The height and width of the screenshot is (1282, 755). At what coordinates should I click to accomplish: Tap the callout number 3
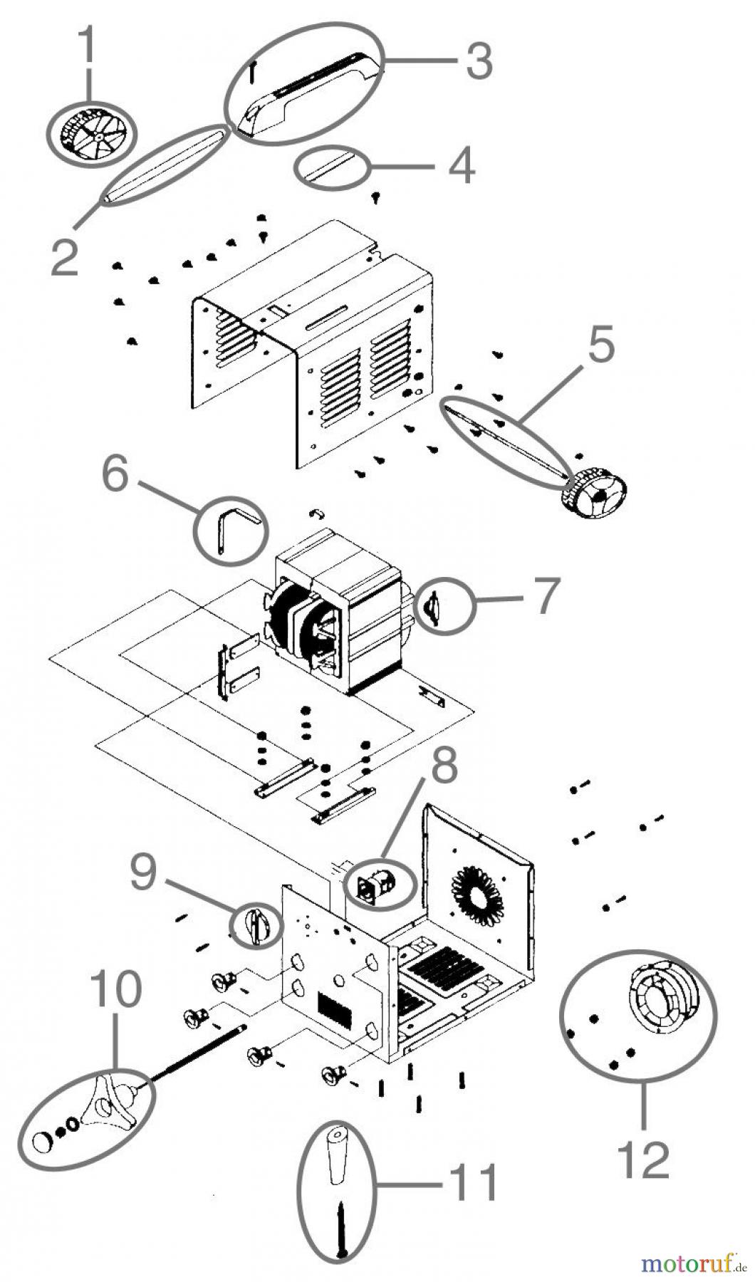click(479, 61)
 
